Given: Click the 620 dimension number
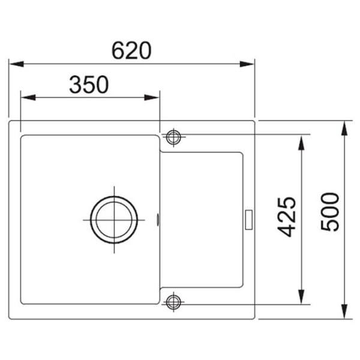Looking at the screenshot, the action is [131, 50].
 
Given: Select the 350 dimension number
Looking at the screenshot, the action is [89, 85].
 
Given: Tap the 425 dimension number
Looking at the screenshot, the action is [286, 217].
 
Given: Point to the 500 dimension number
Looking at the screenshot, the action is [329, 212].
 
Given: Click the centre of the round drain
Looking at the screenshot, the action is [114, 220].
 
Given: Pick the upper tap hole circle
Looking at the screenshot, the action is [173, 137].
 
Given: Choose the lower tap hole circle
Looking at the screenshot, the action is [173, 302].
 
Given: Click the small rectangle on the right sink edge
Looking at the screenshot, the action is [249, 220].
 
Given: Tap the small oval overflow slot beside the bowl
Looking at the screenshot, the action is [158, 220].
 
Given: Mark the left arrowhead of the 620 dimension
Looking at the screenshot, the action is [16, 64].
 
